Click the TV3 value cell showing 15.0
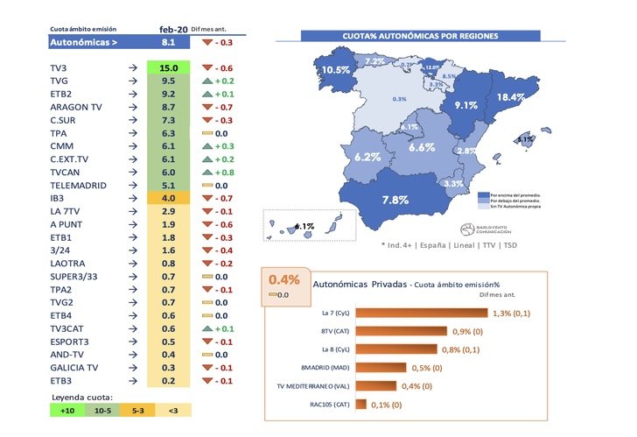[169, 67]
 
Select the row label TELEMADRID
[78, 186]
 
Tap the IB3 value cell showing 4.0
[169, 199]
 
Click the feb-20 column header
[169, 26]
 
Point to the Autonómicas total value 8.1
[169, 41]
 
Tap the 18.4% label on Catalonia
[510, 97]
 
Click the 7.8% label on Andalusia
[395, 200]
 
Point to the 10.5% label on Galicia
[335, 69]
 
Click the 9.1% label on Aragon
[465, 105]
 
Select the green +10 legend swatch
[66, 410]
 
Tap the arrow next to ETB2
[131, 94]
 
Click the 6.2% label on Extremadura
[367, 157]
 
